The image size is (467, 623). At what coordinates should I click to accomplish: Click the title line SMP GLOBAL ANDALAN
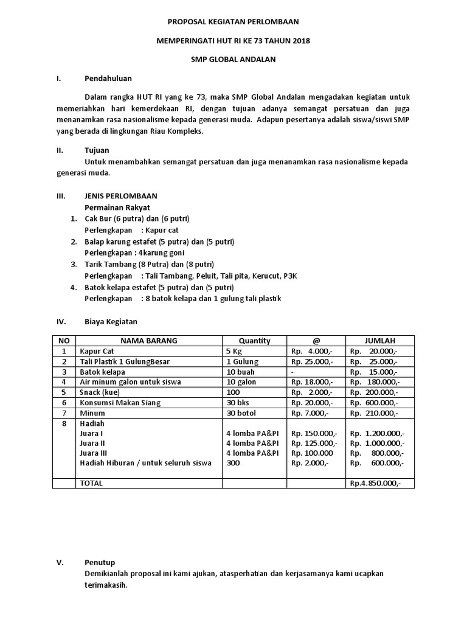pyautogui.click(x=233, y=60)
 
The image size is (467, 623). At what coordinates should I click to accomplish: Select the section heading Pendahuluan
pyautogui.click(x=108, y=78)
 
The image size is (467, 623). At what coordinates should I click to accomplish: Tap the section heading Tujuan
pyautogui.click(x=97, y=150)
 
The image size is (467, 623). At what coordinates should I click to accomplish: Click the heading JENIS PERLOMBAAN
pyautogui.click(x=120, y=196)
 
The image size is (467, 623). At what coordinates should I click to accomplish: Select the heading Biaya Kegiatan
pyautogui.click(x=111, y=321)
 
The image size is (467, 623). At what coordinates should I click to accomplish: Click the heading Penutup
pyautogui.click(x=99, y=562)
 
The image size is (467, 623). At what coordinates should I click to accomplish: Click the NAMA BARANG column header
pyautogui.click(x=148, y=341)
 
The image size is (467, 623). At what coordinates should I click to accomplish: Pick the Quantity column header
pyautogui.click(x=254, y=341)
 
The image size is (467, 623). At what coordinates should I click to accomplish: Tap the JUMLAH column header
pyautogui.click(x=380, y=341)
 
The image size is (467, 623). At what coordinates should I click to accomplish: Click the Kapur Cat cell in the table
pyautogui.click(x=97, y=351)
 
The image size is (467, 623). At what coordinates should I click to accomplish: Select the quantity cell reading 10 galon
pyautogui.click(x=241, y=382)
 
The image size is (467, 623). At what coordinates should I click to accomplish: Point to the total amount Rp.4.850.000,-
pyautogui.click(x=374, y=483)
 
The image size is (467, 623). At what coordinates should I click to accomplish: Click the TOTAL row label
pyautogui.click(x=91, y=483)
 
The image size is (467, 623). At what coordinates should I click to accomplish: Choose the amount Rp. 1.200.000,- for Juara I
pyautogui.click(x=377, y=433)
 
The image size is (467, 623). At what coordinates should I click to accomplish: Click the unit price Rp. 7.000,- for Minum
pyautogui.click(x=310, y=413)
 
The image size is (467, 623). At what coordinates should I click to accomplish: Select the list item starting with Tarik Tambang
pyautogui.click(x=149, y=264)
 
